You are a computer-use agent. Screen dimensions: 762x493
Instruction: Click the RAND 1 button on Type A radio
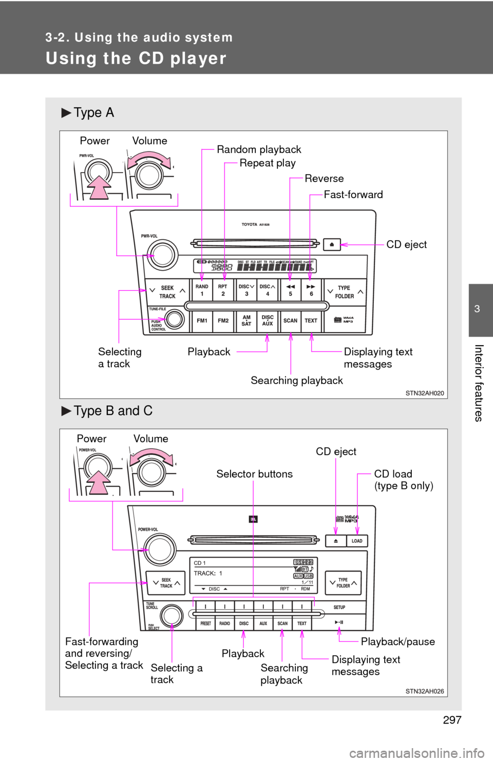(x=202, y=290)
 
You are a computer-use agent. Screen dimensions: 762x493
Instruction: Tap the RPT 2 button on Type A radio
(x=223, y=290)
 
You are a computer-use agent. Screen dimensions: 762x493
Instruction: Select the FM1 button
(x=202, y=320)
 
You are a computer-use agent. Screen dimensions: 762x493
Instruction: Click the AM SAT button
(x=246, y=320)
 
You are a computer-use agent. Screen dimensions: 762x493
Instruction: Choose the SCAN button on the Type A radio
(x=290, y=320)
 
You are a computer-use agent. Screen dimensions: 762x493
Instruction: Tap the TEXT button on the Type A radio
(x=311, y=320)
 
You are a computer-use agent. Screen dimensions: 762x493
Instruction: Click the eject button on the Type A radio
(x=332, y=244)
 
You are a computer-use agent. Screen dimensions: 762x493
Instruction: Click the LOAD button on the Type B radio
(x=357, y=541)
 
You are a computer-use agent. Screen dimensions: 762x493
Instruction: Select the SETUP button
(x=339, y=607)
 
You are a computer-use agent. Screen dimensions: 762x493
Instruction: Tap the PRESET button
(x=205, y=623)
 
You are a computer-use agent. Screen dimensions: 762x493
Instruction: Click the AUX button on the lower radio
(x=263, y=623)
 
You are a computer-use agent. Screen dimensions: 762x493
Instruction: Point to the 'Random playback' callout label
(x=259, y=149)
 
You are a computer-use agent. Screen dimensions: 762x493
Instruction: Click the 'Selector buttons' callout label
(x=254, y=474)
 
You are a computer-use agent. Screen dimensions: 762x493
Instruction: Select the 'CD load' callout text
(x=393, y=474)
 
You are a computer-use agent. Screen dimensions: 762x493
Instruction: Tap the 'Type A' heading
(x=93, y=112)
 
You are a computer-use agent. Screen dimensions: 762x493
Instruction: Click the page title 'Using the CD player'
(x=136, y=59)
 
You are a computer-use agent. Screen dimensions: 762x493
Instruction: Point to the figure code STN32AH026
(x=424, y=691)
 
